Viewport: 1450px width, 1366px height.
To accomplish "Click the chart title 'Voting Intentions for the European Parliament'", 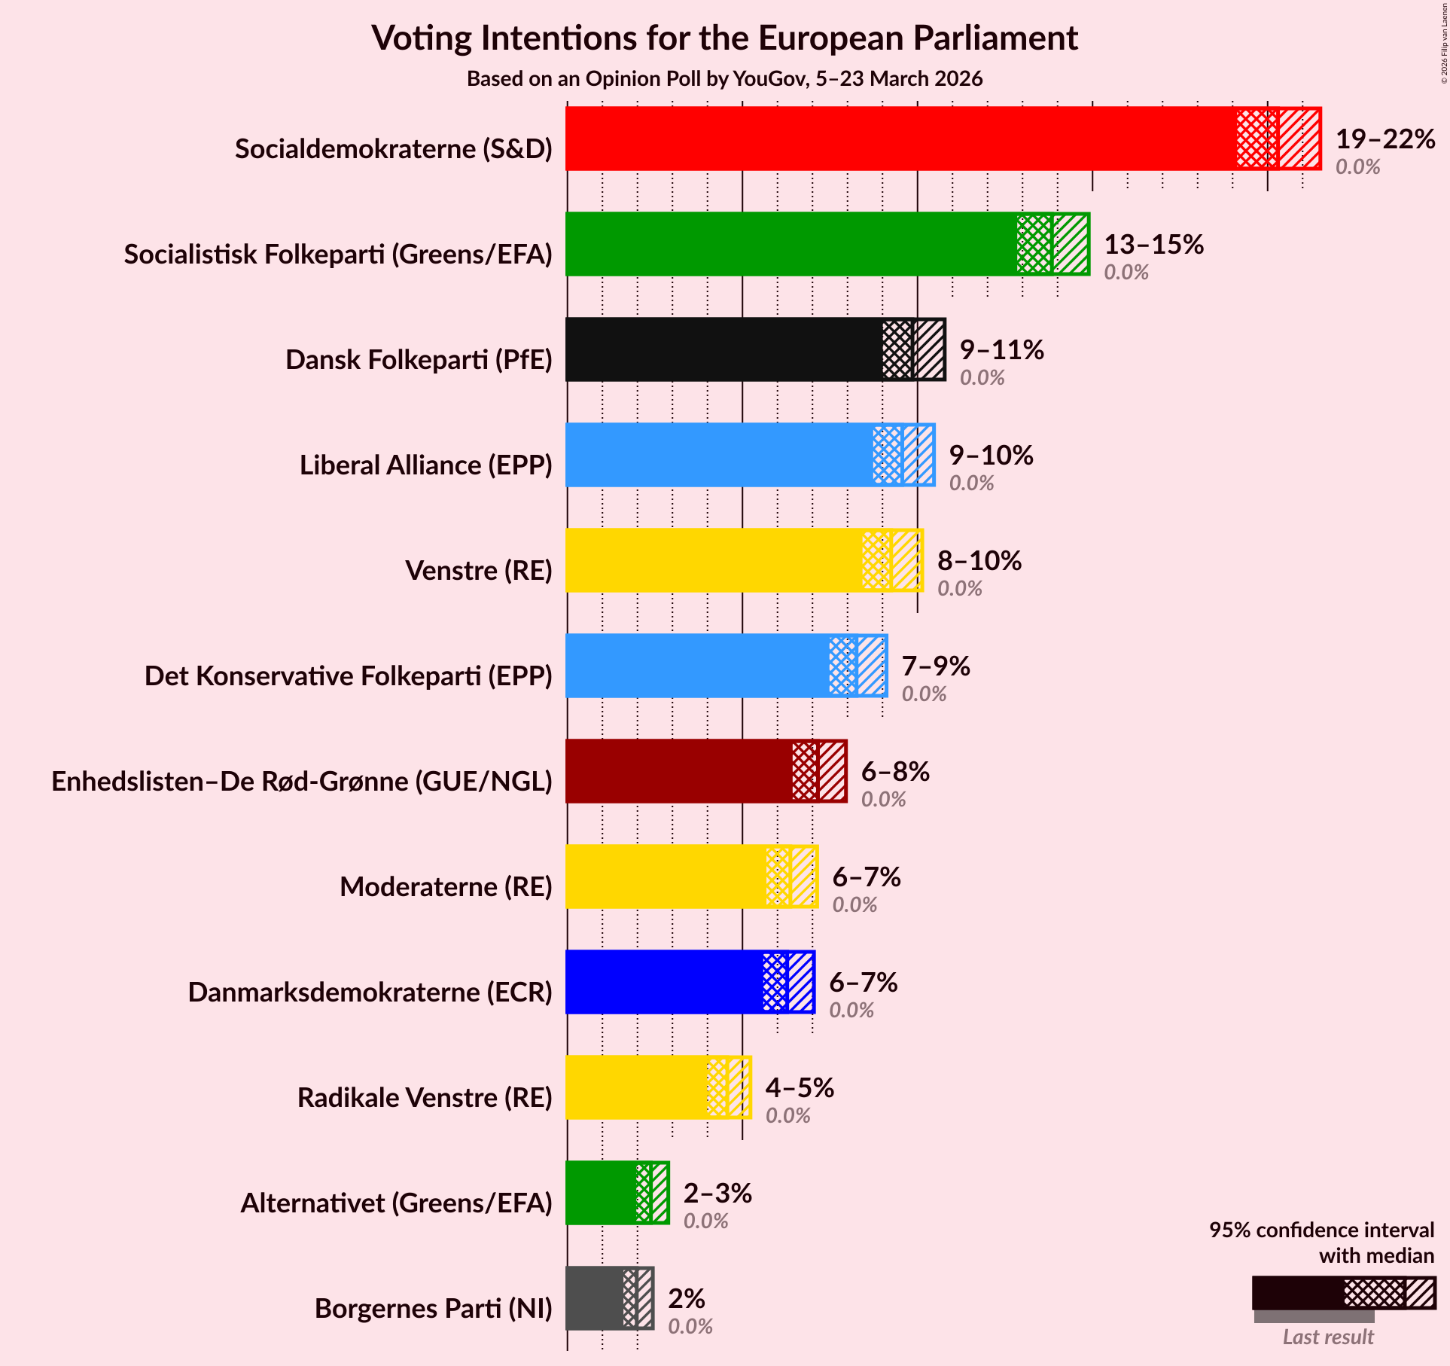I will click(x=724, y=38).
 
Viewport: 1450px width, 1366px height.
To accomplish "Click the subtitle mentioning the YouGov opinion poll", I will click(x=724, y=79).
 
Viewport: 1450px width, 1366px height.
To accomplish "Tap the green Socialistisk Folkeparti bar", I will click(x=790, y=244).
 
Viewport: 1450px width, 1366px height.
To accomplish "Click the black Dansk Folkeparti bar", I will click(x=723, y=349).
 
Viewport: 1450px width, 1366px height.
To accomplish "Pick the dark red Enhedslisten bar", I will click(x=678, y=771).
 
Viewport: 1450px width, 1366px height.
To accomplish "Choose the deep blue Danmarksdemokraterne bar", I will click(x=663, y=982).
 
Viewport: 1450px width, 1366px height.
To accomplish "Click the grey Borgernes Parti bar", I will click(x=595, y=1298).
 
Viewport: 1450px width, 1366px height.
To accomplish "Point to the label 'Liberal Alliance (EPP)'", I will click(x=425, y=465).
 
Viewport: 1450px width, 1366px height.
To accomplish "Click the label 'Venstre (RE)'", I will click(x=479, y=571).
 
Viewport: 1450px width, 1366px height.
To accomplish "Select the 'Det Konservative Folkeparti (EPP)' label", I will click(x=348, y=676).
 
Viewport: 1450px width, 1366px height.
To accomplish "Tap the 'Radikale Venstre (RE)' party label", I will click(x=425, y=1098).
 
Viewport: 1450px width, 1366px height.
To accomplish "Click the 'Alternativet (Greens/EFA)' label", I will click(x=396, y=1203).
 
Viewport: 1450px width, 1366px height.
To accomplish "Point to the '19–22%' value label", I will click(x=1385, y=139).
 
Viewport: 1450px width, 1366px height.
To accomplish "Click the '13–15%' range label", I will click(x=1153, y=245).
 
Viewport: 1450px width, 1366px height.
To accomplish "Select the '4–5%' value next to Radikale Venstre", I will click(x=800, y=1088).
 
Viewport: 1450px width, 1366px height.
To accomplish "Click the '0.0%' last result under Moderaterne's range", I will click(x=854, y=904).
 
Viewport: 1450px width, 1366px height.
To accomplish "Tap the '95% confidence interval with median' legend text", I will click(x=1321, y=1243).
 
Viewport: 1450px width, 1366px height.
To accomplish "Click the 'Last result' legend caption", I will click(x=1328, y=1337).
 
